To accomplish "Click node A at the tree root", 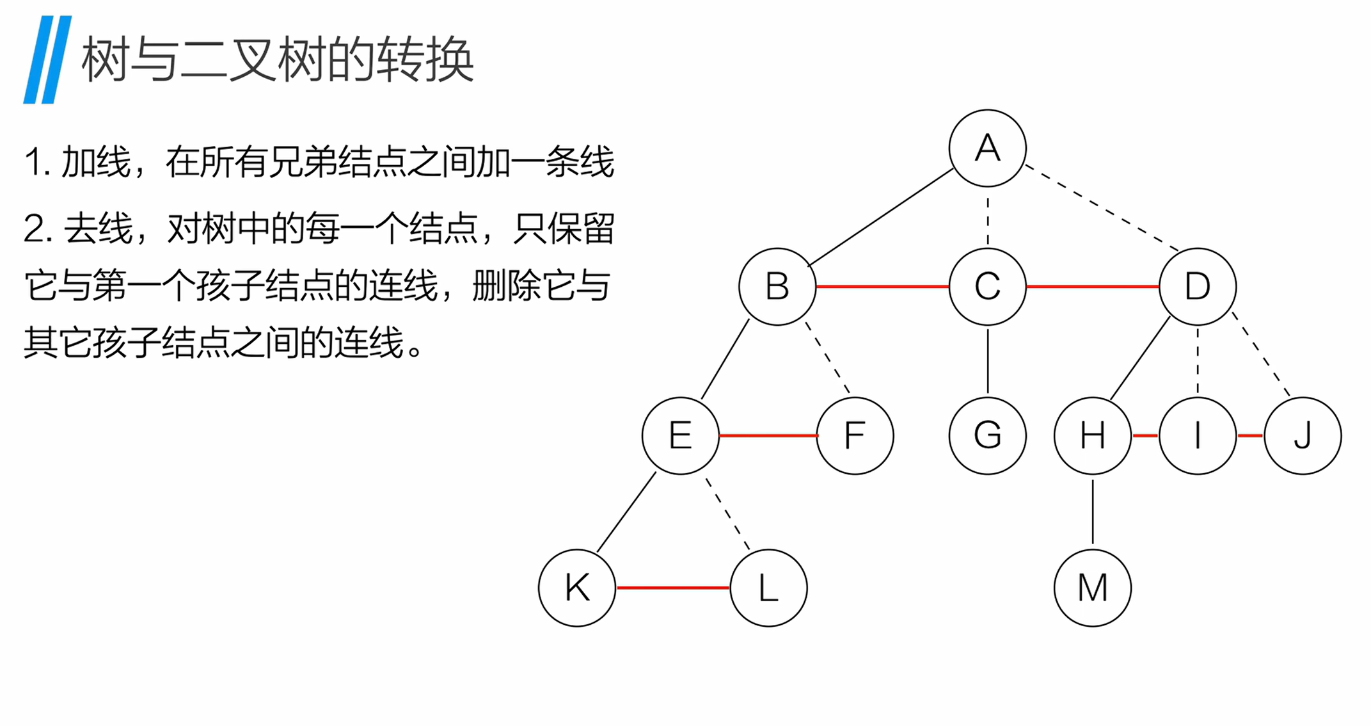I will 987,149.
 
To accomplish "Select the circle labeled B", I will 777,286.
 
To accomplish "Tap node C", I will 987,286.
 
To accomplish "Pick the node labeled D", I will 1197,286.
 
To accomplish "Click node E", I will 680,435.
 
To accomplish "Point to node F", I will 855,435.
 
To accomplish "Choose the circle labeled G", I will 987,435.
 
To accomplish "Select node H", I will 1092,435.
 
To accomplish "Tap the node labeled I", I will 1197,435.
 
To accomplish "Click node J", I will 1303,435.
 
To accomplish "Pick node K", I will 577,587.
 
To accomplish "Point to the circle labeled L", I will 768,587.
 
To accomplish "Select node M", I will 1092,587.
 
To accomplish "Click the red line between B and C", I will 882,286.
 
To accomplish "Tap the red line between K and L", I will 672,587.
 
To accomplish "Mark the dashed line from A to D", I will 1102,207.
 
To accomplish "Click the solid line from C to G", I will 988,360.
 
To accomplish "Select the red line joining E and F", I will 768,435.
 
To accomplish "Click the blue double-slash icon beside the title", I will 47,60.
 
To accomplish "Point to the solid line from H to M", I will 1093,512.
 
